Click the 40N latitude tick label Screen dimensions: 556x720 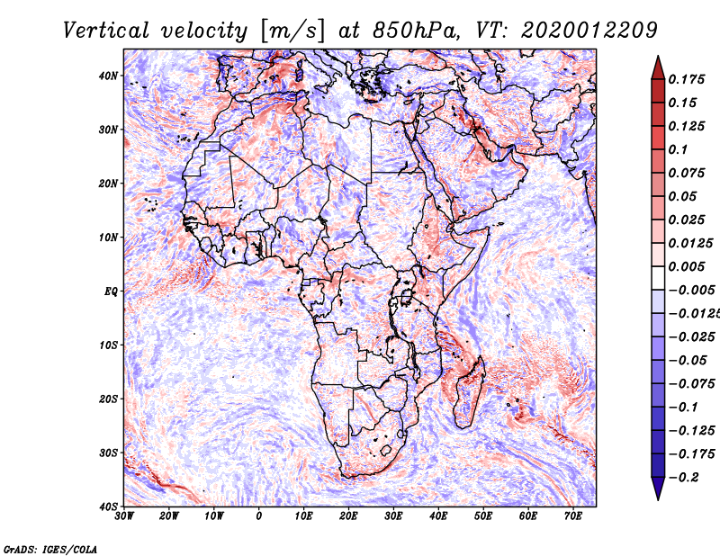pos(108,76)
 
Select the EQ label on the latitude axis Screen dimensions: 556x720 pos(110,291)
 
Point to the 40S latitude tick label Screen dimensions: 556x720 pos(108,507)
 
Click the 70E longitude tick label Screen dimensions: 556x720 pos(572,517)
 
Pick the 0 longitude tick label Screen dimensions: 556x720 pos(259,517)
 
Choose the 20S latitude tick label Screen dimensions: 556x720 pos(108,399)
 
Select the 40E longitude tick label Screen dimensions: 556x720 pos(438,517)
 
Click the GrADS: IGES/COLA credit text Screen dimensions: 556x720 pos(50,547)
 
